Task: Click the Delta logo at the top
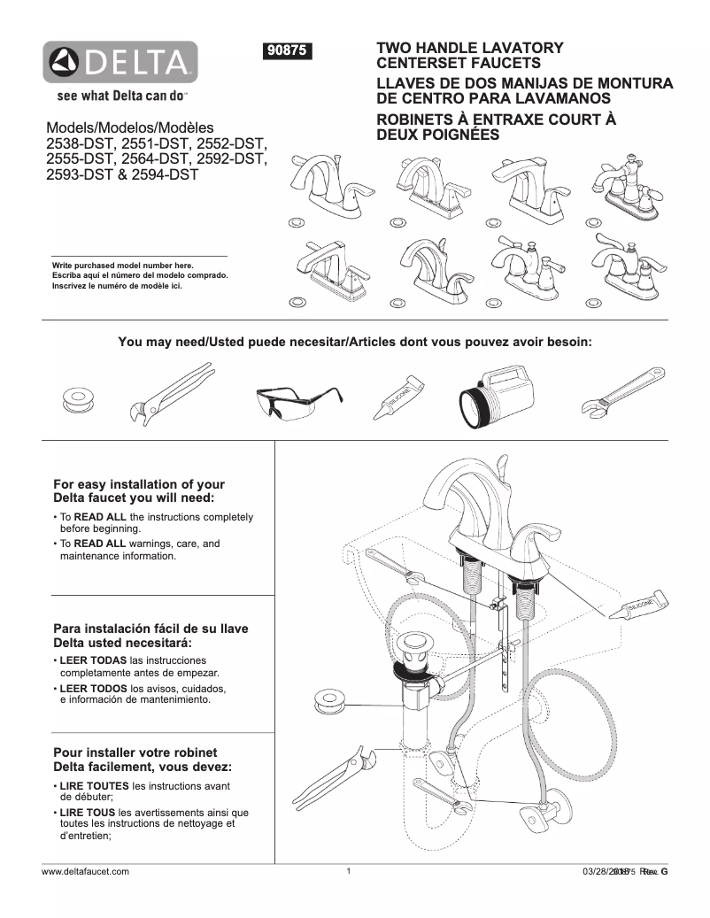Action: tap(121, 62)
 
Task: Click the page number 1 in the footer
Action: tap(350, 872)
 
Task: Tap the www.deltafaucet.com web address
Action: tap(86, 872)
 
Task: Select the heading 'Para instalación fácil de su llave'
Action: tap(150, 629)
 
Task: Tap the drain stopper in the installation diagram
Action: tap(412, 646)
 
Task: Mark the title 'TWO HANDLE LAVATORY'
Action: tap(470, 48)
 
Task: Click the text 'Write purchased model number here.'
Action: tap(123, 265)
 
